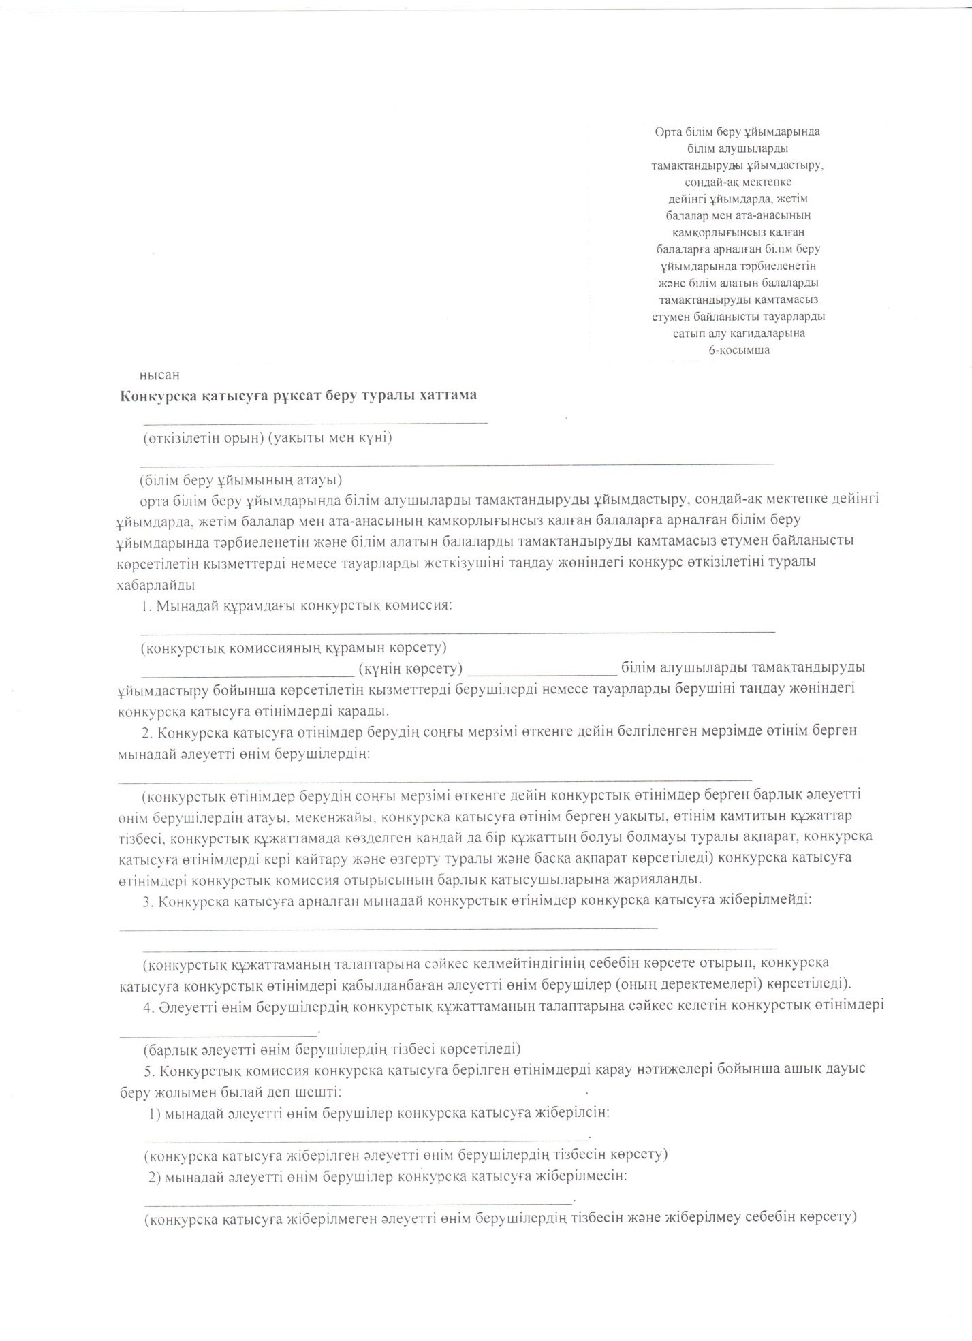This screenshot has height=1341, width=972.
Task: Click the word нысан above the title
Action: pos(159,375)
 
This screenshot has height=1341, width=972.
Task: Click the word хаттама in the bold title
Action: pos(447,396)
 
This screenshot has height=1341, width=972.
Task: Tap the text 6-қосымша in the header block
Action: pos(739,351)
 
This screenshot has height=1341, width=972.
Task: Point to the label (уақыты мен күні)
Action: pos(330,437)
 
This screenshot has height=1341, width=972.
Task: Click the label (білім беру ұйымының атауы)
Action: pos(240,480)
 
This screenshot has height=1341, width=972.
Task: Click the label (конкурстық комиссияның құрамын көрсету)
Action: pos(294,646)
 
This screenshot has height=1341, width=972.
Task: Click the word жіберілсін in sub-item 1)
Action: pos(571,1113)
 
